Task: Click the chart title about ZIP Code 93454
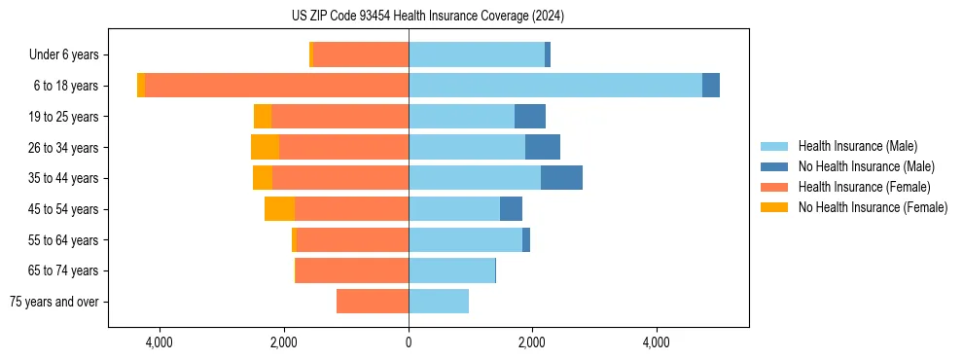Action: tap(428, 16)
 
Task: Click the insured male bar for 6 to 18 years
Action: tap(554, 86)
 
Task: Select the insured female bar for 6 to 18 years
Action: tap(276, 86)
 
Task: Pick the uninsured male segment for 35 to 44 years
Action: tap(561, 178)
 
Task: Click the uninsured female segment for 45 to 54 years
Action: tap(279, 209)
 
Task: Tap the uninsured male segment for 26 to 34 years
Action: tap(542, 147)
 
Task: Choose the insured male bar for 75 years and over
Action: tap(439, 302)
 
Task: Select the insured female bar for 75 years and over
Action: tap(373, 302)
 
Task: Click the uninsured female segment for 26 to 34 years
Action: tap(265, 147)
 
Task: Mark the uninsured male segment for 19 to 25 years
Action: tap(530, 117)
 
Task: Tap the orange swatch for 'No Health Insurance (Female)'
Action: tap(774, 207)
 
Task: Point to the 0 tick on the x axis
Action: tap(409, 342)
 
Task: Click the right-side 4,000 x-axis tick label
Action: tap(656, 342)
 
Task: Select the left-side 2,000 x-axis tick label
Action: tap(283, 342)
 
